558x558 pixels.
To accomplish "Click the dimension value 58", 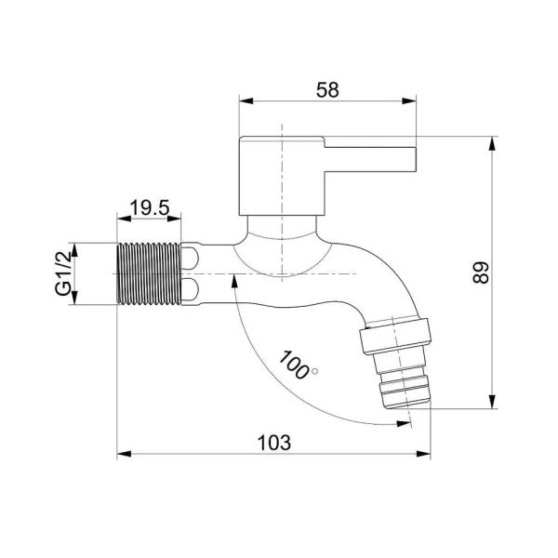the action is click(327, 89).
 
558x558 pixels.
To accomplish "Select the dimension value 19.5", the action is click(150, 207).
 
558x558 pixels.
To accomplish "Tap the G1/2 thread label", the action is click(63, 272).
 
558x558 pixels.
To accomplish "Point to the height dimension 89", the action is click(481, 272).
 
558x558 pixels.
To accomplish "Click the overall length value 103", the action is click(274, 443).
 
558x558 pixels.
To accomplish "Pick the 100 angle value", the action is click(294, 365).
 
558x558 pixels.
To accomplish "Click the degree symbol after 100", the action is click(314, 371).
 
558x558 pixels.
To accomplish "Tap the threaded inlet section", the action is click(149, 273).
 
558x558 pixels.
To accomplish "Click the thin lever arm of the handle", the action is click(370, 159).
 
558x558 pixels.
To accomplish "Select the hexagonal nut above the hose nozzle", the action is click(396, 337).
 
